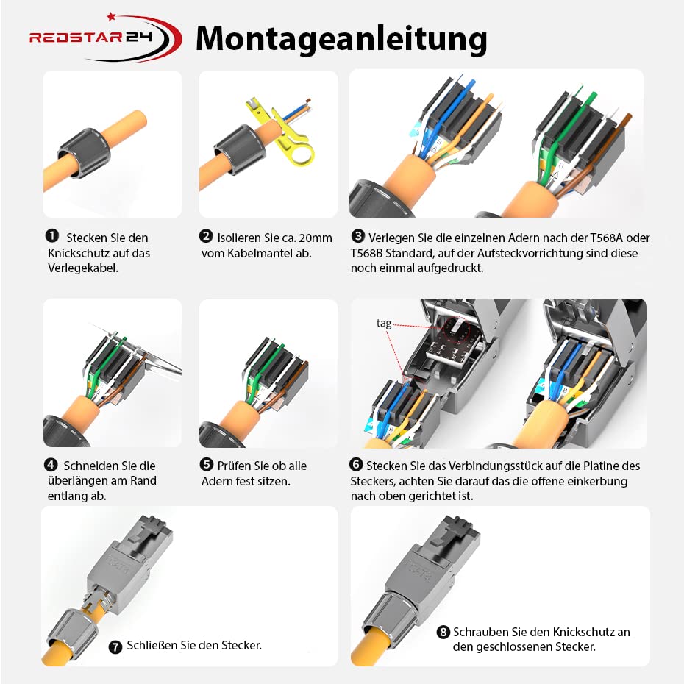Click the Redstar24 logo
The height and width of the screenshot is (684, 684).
[104, 38]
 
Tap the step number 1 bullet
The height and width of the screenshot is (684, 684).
[52, 236]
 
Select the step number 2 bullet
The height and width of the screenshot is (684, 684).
[206, 236]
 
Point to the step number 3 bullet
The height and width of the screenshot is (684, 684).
[357, 236]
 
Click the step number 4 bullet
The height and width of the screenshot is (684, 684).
[51, 465]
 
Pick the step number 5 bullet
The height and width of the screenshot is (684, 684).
[206, 465]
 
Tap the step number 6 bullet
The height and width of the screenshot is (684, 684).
[356, 465]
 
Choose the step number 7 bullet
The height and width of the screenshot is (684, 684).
[115, 646]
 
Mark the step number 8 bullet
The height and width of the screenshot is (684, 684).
[443, 632]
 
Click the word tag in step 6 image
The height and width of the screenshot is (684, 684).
[384, 323]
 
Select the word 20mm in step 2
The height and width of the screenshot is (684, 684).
[316, 238]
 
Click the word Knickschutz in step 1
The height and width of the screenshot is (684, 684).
[76, 253]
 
